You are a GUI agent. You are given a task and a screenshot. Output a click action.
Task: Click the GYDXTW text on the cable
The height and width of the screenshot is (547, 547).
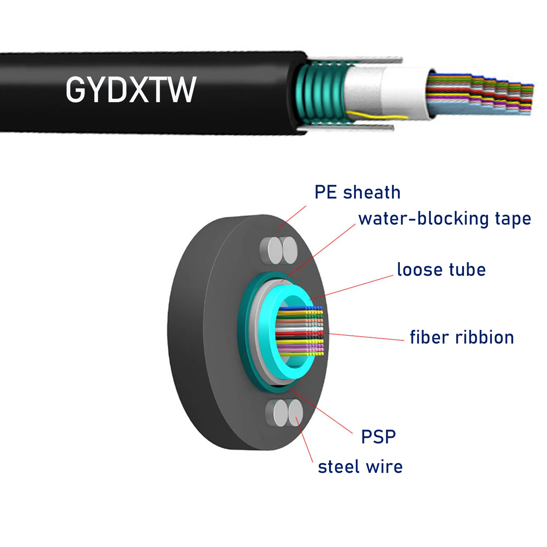(x=131, y=89)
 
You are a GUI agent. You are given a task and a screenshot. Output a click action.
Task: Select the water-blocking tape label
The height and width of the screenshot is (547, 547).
(x=445, y=219)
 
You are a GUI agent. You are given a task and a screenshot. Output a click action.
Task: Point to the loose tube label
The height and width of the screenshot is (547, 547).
(x=441, y=270)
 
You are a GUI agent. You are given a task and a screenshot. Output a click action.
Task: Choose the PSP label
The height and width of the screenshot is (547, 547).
(x=378, y=437)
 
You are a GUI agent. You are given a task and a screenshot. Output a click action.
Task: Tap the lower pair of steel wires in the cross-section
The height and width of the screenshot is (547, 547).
(x=284, y=413)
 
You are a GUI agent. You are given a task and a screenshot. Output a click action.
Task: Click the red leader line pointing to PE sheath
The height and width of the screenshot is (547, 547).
(x=292, y=217)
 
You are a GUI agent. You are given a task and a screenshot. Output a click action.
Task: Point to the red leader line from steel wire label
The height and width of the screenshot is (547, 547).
(x=304, y=439)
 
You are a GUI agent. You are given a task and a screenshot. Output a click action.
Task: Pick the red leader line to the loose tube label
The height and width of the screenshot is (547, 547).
(x=351, y=287)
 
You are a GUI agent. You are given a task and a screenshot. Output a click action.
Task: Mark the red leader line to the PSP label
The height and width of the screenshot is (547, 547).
(x=320, y=410)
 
